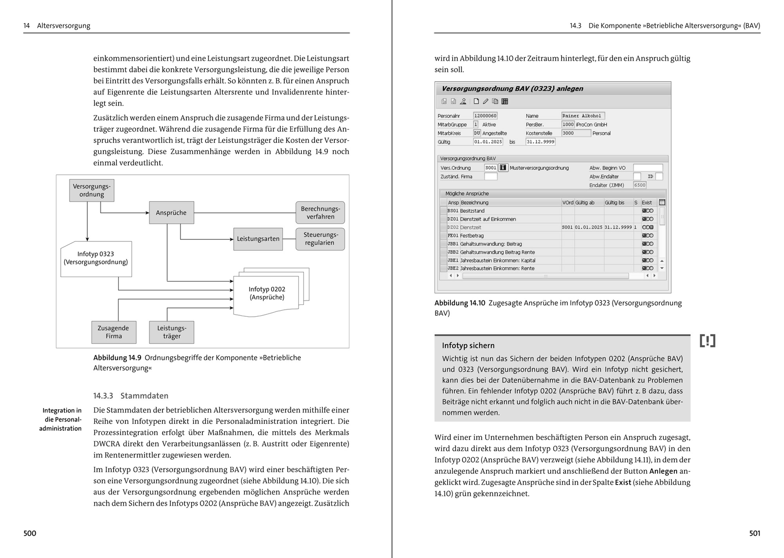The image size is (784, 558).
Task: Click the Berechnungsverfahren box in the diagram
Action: (x=320, y=213)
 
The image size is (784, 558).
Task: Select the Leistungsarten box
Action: (x=258, y=239)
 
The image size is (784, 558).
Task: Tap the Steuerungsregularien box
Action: (x=320, y=239)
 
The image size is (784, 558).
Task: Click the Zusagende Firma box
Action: (x=113, y=332)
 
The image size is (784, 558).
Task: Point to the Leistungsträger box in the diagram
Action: (x=171, y=332)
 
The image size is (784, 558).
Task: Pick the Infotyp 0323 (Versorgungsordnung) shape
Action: (x=96, y=258)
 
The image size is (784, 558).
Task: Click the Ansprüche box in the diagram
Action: (x=171, y=213)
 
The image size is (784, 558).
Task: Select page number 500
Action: (x=30, y=533)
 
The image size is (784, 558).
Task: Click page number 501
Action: (x=755, y=533)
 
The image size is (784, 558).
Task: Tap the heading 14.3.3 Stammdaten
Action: (x=131, y=396)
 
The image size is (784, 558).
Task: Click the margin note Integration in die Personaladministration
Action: (x=61, y=419)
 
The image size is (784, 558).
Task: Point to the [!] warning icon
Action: (x=708, y=341)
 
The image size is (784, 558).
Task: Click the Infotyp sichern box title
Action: (x=468, y=346)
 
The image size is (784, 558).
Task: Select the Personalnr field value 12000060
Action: (x=485, y=116)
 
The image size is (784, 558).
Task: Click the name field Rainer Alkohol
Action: (x=583, y=116)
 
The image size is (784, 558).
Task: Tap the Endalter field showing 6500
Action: (x=639, y=186)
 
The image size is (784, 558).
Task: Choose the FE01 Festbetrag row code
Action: (x=453, y=235)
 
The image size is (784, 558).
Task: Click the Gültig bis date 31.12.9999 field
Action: (x=540, y=142)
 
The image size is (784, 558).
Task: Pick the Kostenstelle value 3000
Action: (x=575, y=133)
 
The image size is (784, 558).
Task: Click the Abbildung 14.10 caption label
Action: (x=460, y=303)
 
